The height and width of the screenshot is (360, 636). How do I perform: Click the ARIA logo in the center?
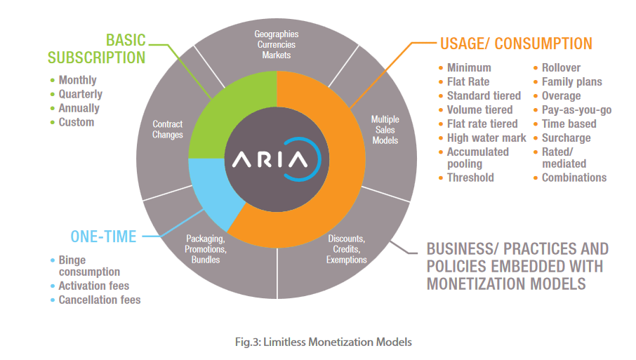[277, 159]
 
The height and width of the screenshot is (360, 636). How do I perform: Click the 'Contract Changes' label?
[168, 129]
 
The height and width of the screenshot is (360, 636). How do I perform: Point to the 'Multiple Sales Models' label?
[385, 130]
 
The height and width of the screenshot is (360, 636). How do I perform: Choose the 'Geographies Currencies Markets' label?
[276, 45]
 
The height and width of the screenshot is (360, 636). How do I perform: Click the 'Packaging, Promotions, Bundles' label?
[205, 249]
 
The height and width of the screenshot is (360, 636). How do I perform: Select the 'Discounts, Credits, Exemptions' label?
[346, 249]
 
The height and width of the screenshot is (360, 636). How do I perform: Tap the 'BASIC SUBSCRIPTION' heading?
[97, 49]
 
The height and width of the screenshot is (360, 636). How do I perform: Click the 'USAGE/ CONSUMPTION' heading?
[516, 44]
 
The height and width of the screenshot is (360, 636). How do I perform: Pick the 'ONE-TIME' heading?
[103, 236]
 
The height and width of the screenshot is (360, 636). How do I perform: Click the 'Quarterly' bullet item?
[80, 94]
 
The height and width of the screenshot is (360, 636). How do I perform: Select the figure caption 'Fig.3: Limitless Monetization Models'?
[324, 342]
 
